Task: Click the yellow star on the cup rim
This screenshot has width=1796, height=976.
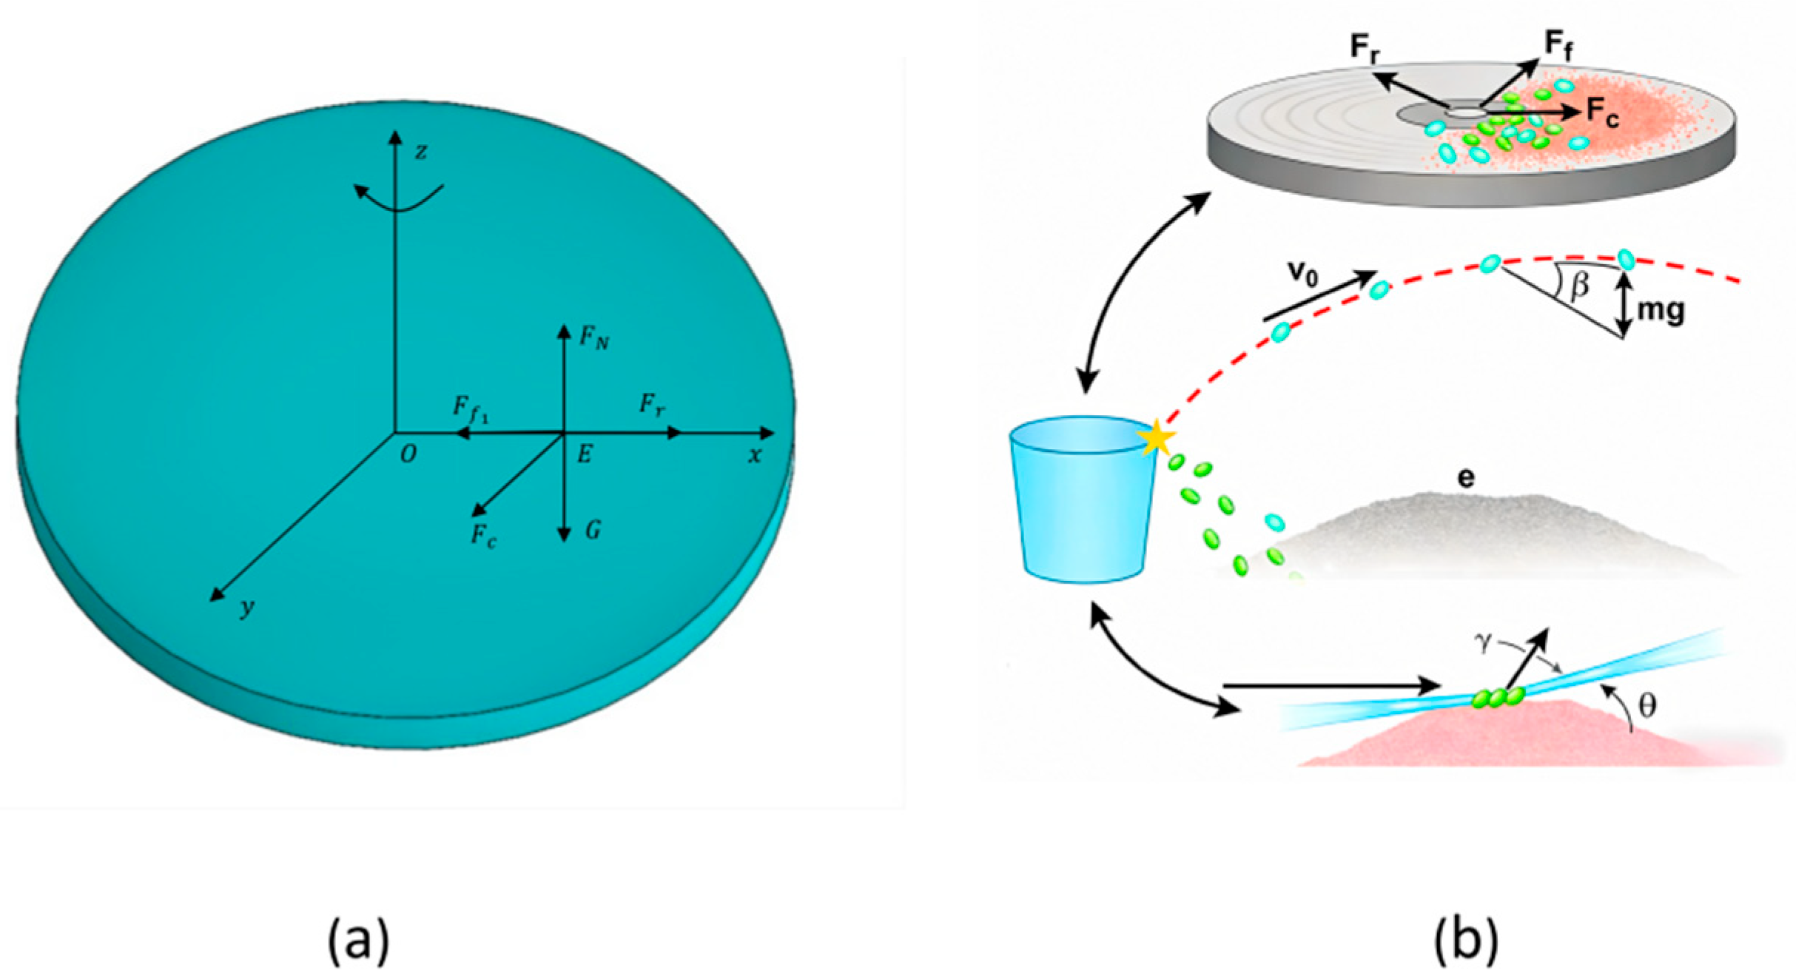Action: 1155,438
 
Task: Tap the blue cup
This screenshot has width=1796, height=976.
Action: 1082,503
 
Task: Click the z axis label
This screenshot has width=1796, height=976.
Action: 421,152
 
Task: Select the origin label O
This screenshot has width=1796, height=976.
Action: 408,454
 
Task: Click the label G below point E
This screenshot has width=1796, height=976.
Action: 593,530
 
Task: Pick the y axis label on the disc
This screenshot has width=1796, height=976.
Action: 247,608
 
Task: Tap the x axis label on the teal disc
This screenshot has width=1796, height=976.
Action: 754,456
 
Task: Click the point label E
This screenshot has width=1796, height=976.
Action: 585,454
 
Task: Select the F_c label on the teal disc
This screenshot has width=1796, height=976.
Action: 484,535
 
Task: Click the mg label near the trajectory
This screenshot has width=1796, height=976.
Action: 1661,310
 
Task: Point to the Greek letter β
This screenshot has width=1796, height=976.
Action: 1579,284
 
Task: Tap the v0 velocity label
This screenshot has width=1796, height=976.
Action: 1303,273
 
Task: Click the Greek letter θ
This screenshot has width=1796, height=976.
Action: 1647,706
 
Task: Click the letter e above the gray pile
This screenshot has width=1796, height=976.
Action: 1465,478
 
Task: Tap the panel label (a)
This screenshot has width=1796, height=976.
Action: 358,940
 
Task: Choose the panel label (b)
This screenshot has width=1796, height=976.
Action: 1466,940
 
